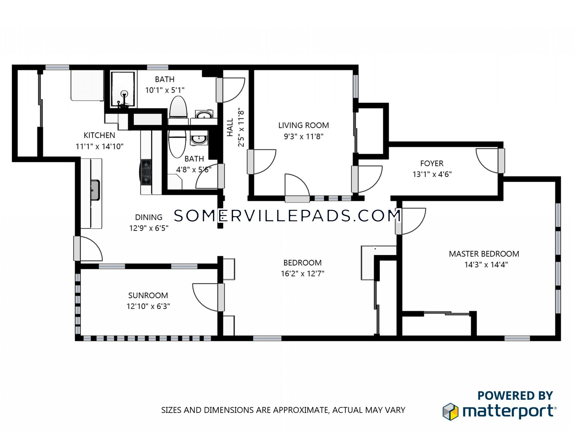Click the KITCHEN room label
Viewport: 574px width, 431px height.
pyautogui.click(x=99, y=135)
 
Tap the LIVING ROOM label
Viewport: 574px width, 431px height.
pyautogui.click(x=304, y=125)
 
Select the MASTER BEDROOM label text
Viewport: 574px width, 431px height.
pyautogui.click(x=484, y=254)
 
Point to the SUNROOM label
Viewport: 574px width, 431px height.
pyautogui.click(x=148, y=295)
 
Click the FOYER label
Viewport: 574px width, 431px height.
pyautogui.click(x=432, y=163)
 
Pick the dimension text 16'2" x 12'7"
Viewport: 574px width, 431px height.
pyautogui.click(x=302, y=274)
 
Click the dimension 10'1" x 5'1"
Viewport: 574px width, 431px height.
pyautogui.click(x=165, y=90)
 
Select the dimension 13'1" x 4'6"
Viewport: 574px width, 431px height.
pyautogui.click(x=432, y=174)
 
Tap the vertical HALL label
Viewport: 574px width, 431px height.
pyautogui.click(x=230, y=127)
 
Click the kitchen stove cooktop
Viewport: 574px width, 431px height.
pyautogui.click(x=146, y=172)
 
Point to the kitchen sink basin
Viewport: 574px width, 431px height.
pyautogui.click(x=95, y=190)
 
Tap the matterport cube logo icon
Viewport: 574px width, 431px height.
pyautogui.click(x=450, y=412)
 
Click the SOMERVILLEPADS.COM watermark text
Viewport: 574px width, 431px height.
pyautogui.click(x=287, y=215)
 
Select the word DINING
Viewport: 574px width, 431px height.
pyautogui.click(x=149, y=217)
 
